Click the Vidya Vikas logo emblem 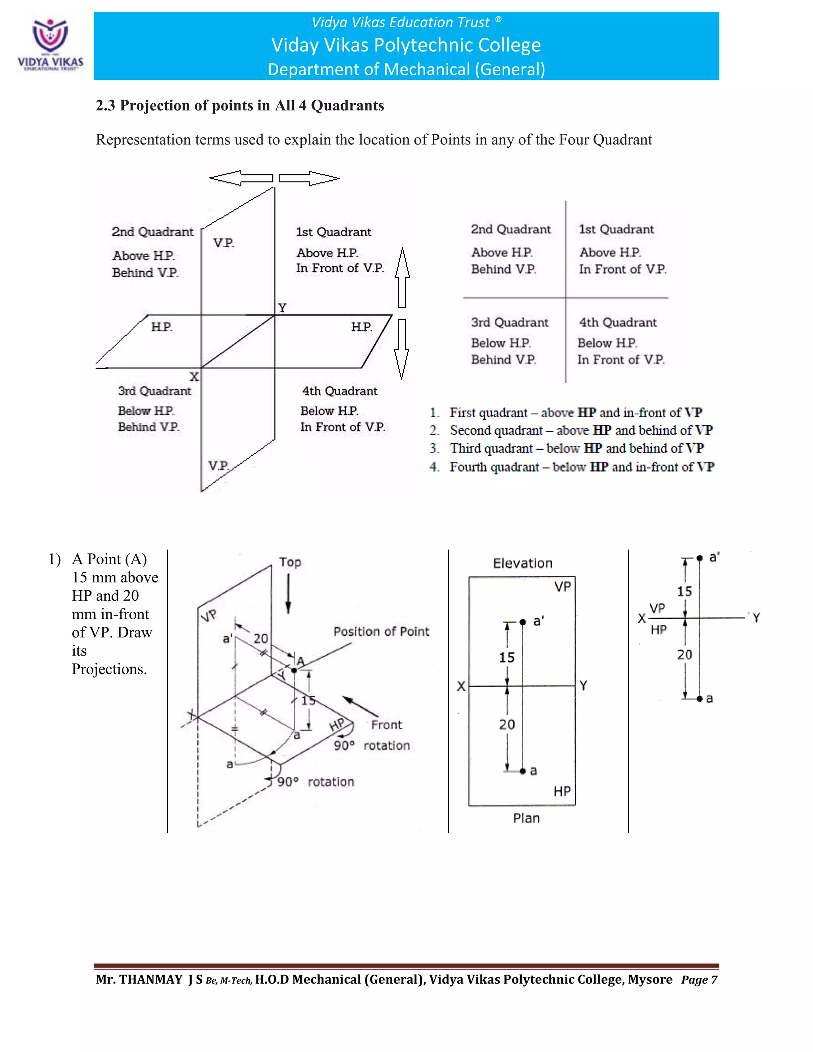50,36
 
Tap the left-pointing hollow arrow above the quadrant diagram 241,178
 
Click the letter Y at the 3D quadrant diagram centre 282,307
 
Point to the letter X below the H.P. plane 194,377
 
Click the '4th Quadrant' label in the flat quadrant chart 617,322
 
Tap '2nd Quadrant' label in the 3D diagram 152,232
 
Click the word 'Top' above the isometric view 290,562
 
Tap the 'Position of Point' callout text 381,632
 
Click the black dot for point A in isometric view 294,670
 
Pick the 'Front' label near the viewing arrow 386,724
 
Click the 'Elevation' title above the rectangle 522,564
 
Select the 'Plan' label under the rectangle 526,819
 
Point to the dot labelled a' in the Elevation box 523,622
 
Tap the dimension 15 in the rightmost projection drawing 684,591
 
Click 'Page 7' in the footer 699,980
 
